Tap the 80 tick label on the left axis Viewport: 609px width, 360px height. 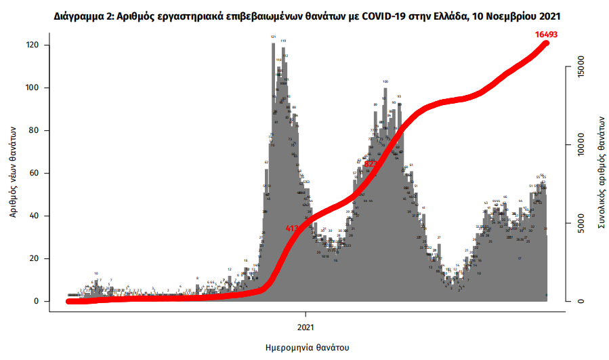39,130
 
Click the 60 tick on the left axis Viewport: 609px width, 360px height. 39,173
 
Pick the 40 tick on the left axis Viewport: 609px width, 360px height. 39,216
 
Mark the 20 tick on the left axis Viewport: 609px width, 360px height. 39,258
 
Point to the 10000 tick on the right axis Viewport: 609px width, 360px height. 580,144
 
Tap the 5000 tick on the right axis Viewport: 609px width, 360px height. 580,222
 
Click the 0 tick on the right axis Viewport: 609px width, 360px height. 580,300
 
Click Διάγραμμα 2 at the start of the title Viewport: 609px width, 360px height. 84,14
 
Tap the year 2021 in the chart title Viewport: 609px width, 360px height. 549,14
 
